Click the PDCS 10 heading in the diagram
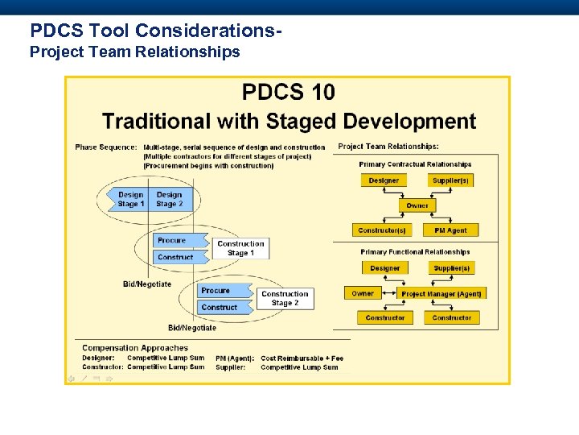289,93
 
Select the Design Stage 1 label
130,199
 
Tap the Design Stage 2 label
169,199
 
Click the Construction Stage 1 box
240,248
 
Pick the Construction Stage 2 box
285,298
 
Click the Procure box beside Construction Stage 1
172,240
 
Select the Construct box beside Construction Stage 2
220,307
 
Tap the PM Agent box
450,230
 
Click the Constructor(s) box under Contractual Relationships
382,230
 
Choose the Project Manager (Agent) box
441,294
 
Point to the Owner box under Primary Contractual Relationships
417,205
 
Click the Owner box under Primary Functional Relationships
363,293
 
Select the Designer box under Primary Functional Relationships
384,268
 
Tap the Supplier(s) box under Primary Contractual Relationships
450,180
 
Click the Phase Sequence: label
106,147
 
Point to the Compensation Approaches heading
135,348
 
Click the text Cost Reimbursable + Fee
302,358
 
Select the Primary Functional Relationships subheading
415,252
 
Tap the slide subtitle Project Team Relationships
135,52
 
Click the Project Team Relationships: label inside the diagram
388,147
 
